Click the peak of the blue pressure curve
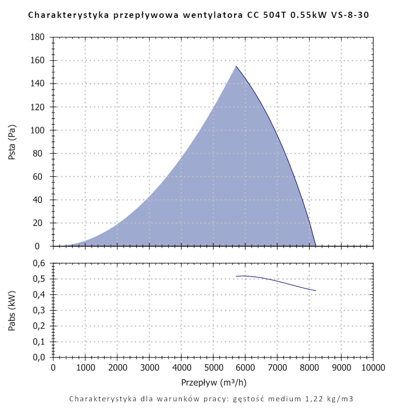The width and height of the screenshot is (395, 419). point(236,66)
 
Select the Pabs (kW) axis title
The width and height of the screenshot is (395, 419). point(12,310)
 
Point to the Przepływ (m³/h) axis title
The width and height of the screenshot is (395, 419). point(214,383)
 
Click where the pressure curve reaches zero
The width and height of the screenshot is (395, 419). point(316,246)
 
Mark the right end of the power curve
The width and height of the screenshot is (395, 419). point(316,291)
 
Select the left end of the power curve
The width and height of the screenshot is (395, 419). point(236,276)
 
